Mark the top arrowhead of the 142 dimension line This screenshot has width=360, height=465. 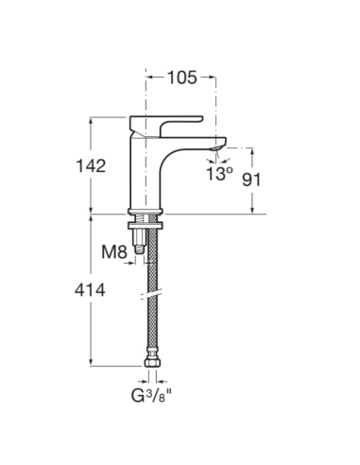91,121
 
